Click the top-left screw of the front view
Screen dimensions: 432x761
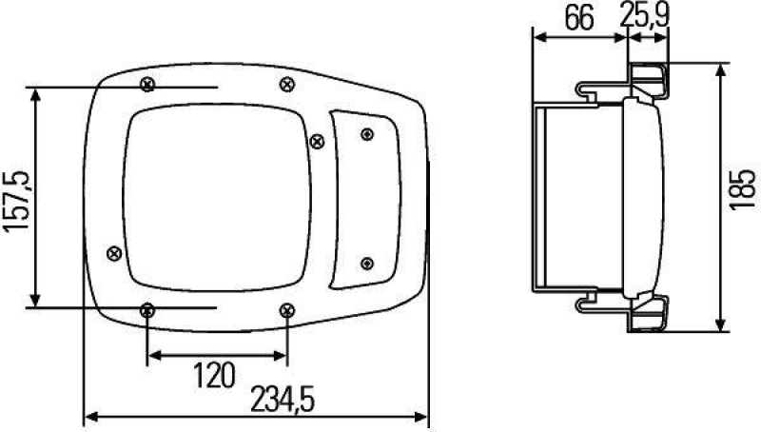(146, 85)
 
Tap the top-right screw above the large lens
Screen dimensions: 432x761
(286, 85)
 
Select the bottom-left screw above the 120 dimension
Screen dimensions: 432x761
(147, 310)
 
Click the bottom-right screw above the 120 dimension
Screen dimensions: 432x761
(287, 309)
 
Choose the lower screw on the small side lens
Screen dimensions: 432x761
(367, 263)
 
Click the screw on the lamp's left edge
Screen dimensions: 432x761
(114, 252)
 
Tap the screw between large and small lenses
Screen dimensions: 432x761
(317, 141)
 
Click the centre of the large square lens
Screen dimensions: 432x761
(218, 195)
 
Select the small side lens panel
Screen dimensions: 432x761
(363, 200)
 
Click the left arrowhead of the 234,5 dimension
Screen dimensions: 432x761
(87, 416)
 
